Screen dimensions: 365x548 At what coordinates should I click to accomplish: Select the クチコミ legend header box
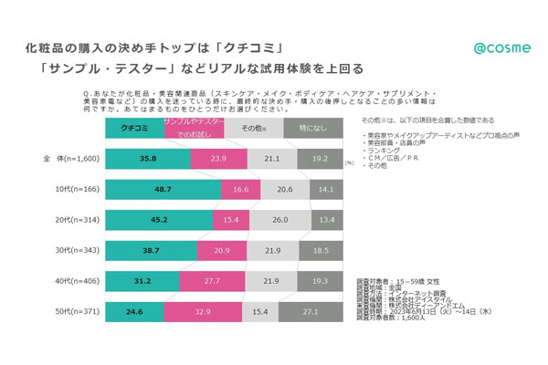click(135, 127)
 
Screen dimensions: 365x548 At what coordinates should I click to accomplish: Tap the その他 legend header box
click(251, 127)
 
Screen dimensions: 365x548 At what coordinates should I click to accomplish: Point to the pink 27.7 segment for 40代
click(213, 281)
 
